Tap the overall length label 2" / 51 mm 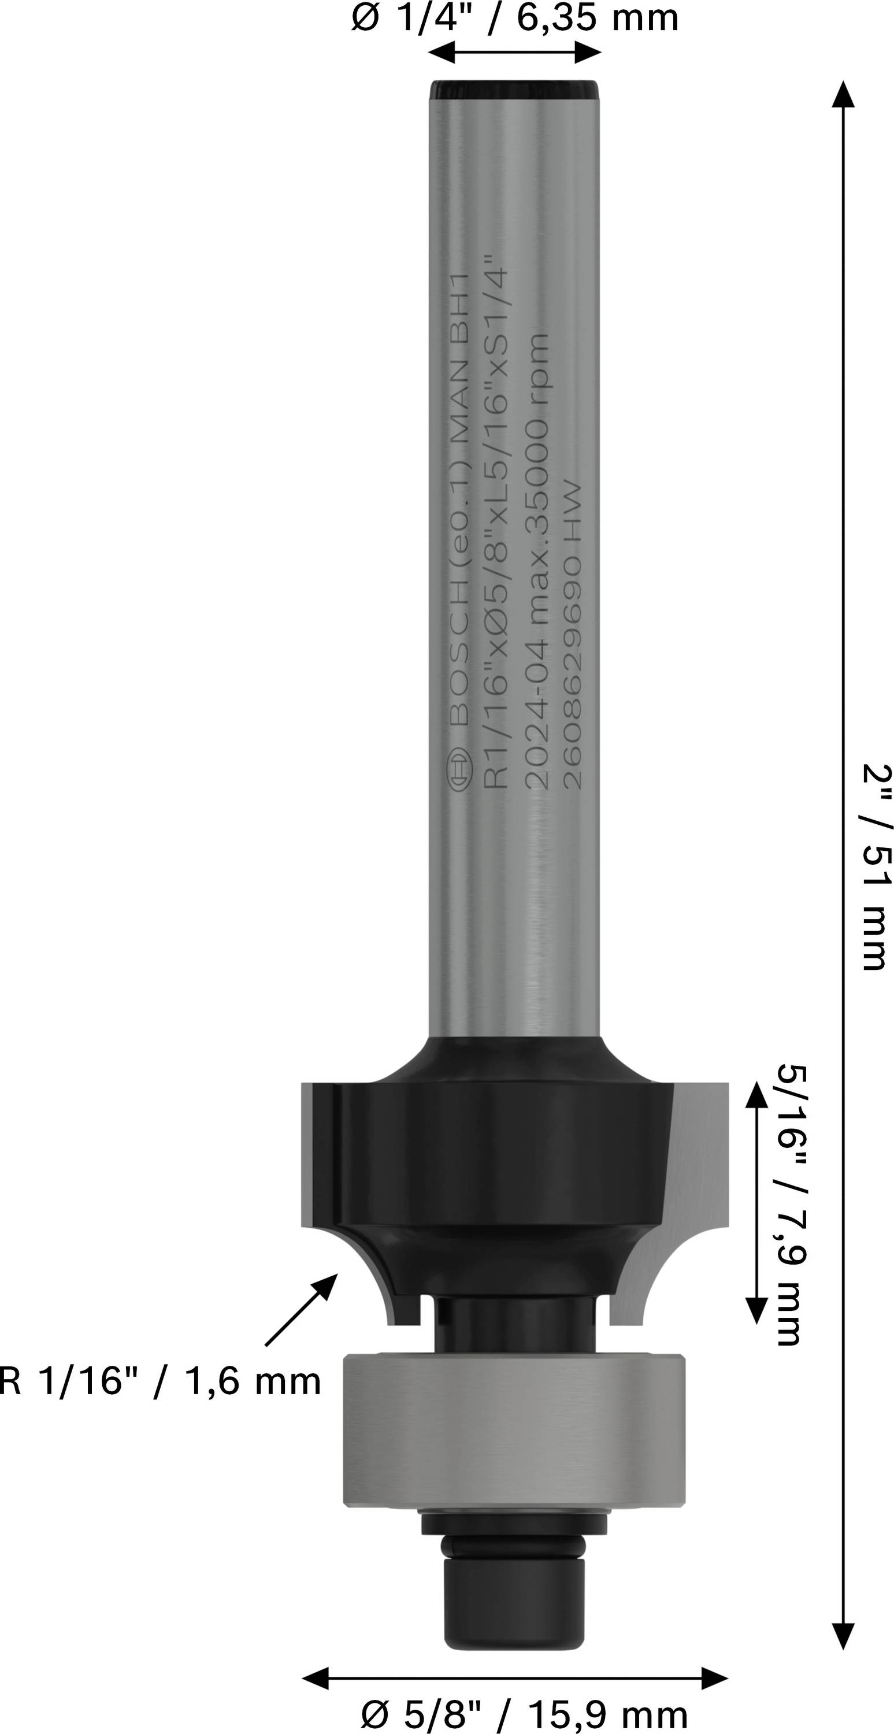pyautogui.click(x=877, y=868)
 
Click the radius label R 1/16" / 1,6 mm pyautogui.click(x=160, y=1382)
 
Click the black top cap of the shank pyautogui.click(x=514, y=90)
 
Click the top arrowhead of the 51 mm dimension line pyautogui.click(x=842, y=95)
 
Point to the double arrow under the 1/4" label pyautogui.click(x=514, y=52)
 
